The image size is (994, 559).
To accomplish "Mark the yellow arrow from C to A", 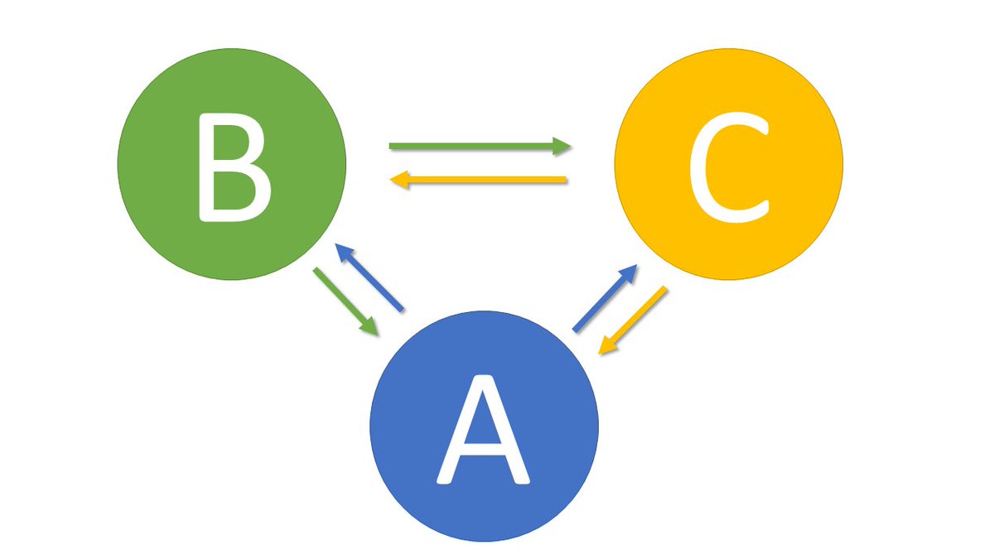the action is pos(633,320).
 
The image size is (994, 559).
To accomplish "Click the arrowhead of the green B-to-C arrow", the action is pos(564,147).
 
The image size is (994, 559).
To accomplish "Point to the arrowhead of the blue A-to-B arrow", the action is pos(341,250).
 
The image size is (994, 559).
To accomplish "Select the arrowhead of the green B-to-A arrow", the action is pos(371,329).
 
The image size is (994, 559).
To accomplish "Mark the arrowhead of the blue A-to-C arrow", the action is pos(630,272).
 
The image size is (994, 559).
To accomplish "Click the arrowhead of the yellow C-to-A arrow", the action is pos(606,348).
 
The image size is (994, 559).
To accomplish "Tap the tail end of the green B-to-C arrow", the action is pos(393,147).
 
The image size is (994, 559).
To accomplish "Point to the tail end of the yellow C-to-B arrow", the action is pos(564,180).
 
